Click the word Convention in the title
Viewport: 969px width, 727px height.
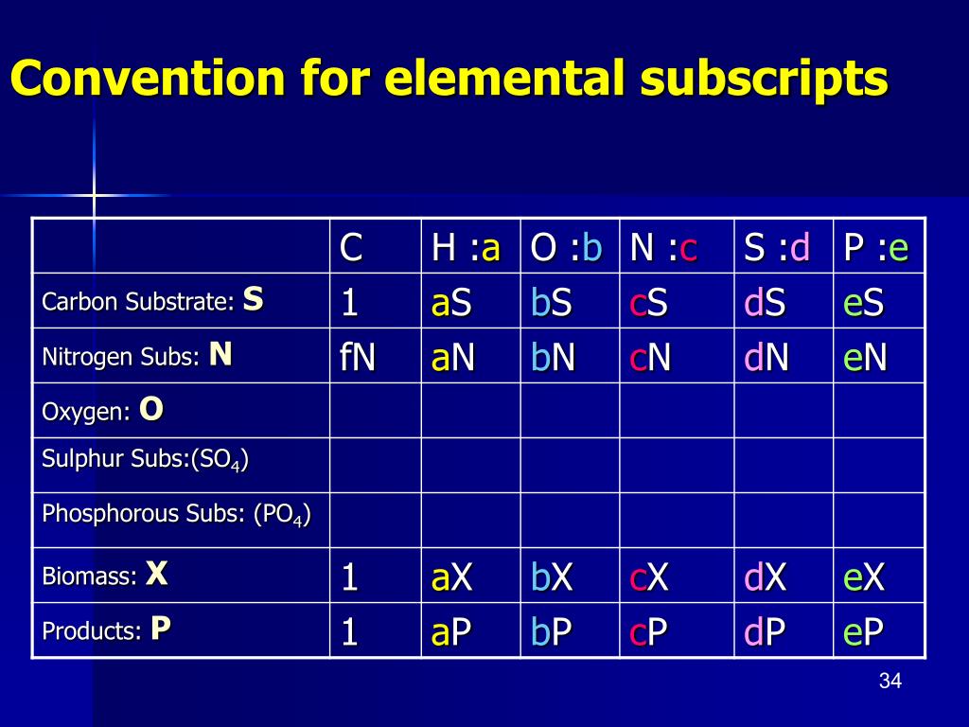click(x=148, y=79)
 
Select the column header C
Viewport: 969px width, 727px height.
click(x=351, y=248)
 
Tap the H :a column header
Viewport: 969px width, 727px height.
click(x=466, y=248)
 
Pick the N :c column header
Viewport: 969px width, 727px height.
click(x=663, y=248)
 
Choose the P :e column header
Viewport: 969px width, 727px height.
click(x=875, y=248)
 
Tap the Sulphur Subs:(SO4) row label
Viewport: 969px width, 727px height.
click(x=145, y=461)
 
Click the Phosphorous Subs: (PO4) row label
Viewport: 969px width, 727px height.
click(x=176, y=515)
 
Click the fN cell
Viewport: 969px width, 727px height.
click(x=358, y=357)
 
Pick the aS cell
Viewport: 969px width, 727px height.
click(x=451, y=303)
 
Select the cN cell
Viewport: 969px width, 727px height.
click(x=650, y=357)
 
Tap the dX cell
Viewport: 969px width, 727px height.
click(x=765, y=576)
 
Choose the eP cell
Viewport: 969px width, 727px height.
click(x=864, y=631)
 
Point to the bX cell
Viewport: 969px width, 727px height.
click(x=552, y=576)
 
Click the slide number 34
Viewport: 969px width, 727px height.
click(x=890, y=681)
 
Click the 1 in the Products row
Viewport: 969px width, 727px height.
click(x=349, y=631)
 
